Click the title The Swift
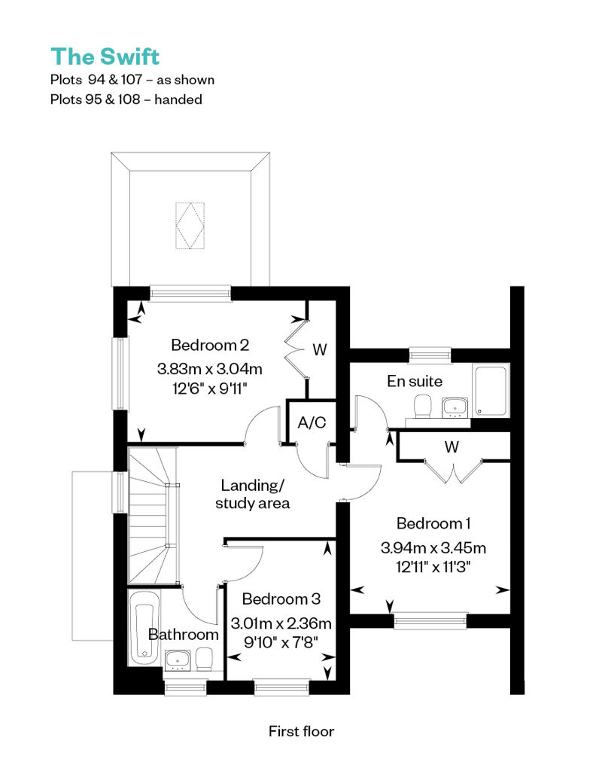click(105, 56)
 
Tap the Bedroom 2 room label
click(210, 345)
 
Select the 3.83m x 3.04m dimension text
click(210, 369)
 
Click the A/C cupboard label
click(312, 422)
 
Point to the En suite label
click(415, 381)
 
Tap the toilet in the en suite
click(423, 405)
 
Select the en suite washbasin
click(455, 407)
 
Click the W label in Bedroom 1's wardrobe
click(451, 446)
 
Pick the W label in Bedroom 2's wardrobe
click(320, 349)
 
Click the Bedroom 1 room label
click(433, 523)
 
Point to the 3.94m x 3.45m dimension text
click(433, 547)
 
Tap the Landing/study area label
click(253, 494)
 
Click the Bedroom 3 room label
click(281, 599)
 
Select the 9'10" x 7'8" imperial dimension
click(281, 642)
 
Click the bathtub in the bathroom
click(144, 628)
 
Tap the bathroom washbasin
click(178, 659)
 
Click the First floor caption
click(301, 731)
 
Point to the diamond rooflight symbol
click(190, 225)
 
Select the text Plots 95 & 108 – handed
click(126, 99)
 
